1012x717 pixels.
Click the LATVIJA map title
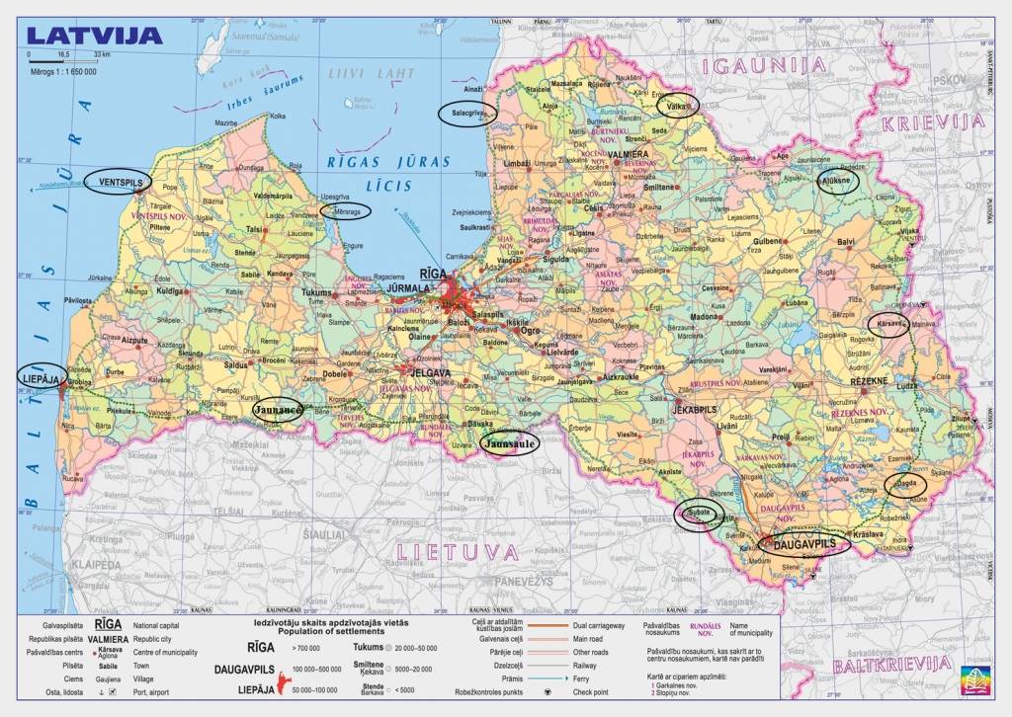tap(95, 36)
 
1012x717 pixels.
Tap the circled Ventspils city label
tap(118, 183)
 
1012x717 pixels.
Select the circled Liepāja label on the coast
tap(42, 376)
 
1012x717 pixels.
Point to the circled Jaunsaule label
tap(510, 444)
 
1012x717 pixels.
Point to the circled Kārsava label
tap(887, 325)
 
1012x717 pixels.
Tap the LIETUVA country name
tap(457, 551)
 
